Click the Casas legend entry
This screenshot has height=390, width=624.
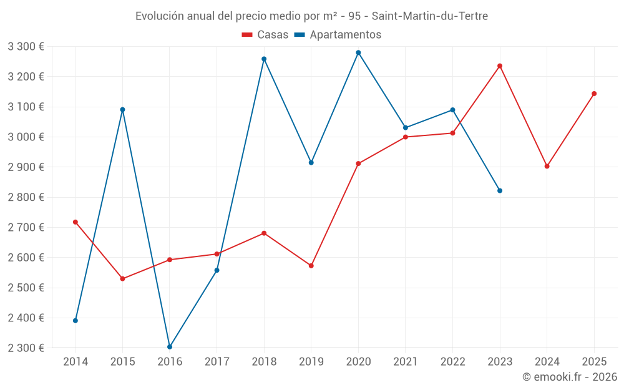265,34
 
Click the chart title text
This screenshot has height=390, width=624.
311,16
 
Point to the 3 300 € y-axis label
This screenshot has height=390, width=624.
26,46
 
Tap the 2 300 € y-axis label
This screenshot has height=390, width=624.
26,348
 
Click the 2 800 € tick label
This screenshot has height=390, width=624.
26,197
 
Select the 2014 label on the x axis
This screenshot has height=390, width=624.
76,361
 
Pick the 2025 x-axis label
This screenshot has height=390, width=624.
594,361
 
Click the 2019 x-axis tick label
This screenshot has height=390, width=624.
311,361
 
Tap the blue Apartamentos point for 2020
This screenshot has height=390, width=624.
358,52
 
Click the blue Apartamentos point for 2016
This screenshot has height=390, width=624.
170,346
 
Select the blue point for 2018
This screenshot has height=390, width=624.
264,59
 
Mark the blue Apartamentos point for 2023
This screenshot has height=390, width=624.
500,190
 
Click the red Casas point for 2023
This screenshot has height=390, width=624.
500,66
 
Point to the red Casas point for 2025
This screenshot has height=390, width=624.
594,94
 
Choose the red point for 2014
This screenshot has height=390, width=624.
76,222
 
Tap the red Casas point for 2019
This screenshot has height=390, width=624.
311,265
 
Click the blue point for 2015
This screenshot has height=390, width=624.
122,109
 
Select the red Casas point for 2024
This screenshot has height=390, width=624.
547,166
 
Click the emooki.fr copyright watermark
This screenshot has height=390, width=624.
569,377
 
